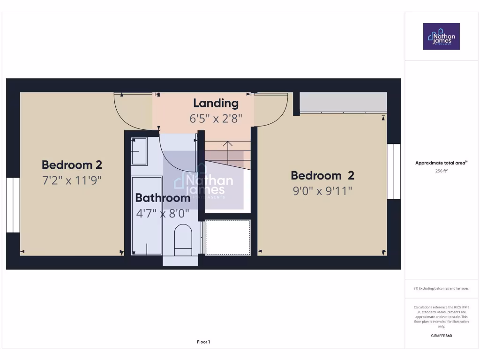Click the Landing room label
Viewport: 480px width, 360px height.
216,103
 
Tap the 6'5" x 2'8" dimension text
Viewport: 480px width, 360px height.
216,119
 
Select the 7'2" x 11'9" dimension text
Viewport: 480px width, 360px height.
72,180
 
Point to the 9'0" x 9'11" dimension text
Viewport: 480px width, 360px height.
322,191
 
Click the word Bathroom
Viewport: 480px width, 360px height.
163,198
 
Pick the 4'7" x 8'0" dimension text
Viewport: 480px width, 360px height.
163,214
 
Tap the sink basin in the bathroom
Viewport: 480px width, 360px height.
139,151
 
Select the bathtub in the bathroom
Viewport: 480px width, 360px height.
147,216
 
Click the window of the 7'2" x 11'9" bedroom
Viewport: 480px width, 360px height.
13,205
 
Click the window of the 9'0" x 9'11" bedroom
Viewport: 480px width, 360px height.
394,171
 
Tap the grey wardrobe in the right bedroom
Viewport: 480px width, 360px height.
343,102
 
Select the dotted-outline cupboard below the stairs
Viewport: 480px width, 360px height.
228,237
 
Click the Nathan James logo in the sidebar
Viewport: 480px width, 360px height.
441,36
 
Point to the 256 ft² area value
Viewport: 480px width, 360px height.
441,171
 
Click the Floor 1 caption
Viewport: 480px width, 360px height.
203,342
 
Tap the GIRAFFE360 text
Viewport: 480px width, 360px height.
441,336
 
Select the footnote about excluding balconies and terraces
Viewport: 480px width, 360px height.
441,288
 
